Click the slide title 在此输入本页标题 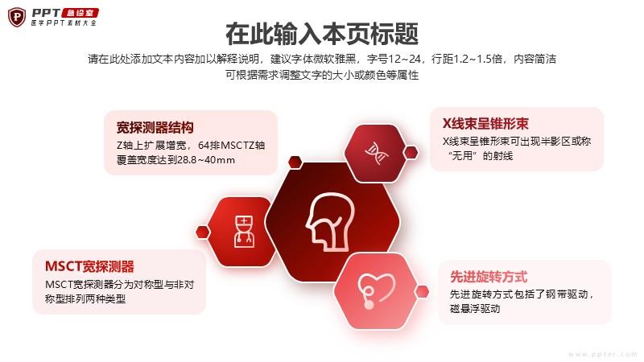322,34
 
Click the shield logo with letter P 17,17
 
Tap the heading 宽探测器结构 155,128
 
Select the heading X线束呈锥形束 485,124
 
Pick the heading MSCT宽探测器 89,266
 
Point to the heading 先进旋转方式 489,277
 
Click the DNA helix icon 376,153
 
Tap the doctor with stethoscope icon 244,232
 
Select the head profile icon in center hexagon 331,222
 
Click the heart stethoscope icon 376,290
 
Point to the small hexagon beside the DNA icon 411,153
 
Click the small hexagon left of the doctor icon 203,232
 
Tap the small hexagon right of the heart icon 421,292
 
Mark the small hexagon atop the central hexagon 295,162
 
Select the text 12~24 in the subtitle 405,59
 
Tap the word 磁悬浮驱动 475,309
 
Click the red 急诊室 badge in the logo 80,13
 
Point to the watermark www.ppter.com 603,354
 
